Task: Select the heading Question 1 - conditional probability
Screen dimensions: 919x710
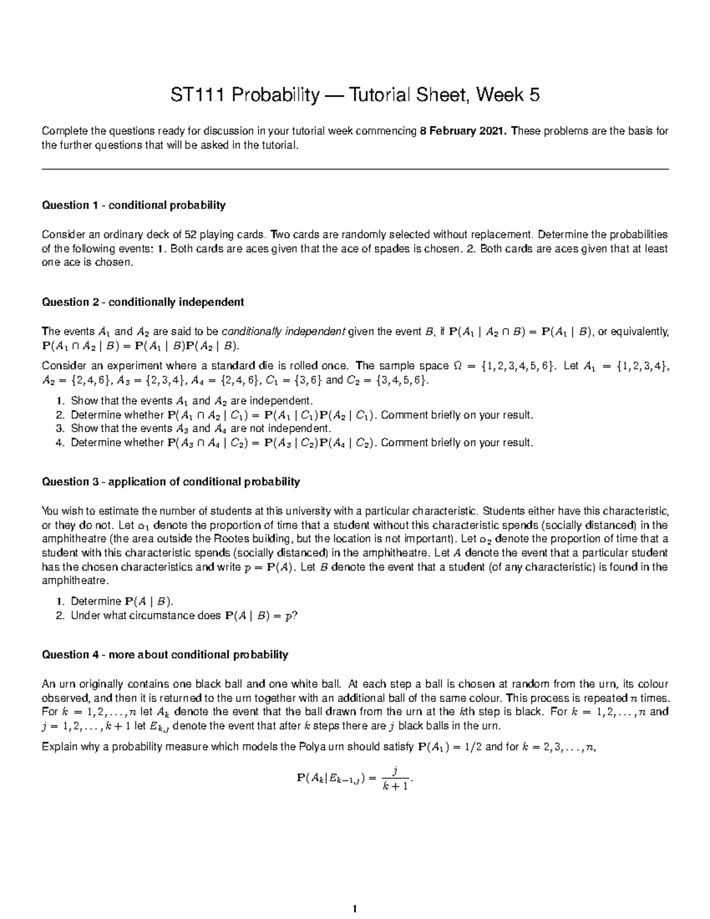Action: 133,205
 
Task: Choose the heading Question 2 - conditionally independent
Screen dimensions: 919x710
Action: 142,302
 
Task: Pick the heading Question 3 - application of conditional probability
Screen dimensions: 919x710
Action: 170,482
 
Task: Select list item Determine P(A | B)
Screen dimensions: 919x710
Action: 121,602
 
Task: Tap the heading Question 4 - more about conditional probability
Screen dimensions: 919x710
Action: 164,654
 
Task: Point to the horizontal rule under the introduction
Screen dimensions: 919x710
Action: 355,170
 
